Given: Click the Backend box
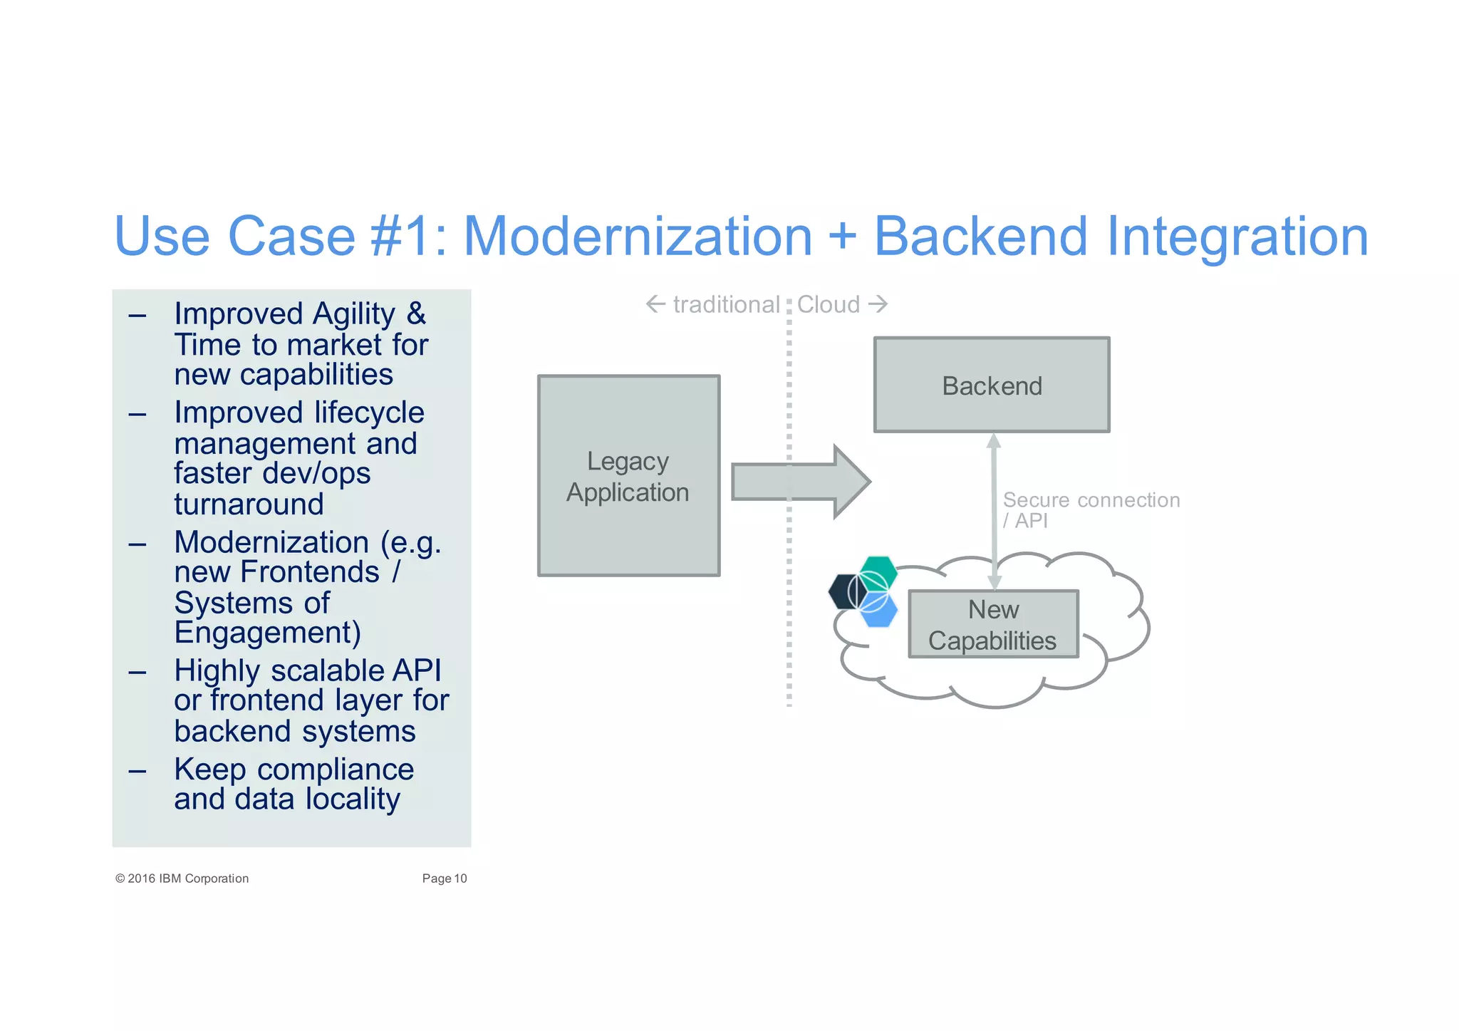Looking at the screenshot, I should [991, 385].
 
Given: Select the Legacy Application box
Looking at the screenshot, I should [628, 476].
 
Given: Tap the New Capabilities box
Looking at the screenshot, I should [992, 624].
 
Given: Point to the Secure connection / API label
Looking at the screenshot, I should [1090, 509].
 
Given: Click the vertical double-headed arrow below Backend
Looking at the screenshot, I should [994, 509].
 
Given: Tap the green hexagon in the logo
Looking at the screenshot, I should [878, 571].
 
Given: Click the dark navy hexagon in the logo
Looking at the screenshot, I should [844, 591].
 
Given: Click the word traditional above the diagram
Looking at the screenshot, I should [726, 305].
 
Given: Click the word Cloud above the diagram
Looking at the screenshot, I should [828, 305].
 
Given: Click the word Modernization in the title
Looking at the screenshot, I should [638, 237].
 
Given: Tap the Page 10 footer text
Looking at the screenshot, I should [444, 879].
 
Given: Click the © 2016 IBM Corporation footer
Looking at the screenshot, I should [182, 879].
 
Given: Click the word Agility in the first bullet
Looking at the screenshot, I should [354, 314].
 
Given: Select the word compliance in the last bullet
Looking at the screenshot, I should [336, 770].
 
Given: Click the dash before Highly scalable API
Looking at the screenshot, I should [137, 672].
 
